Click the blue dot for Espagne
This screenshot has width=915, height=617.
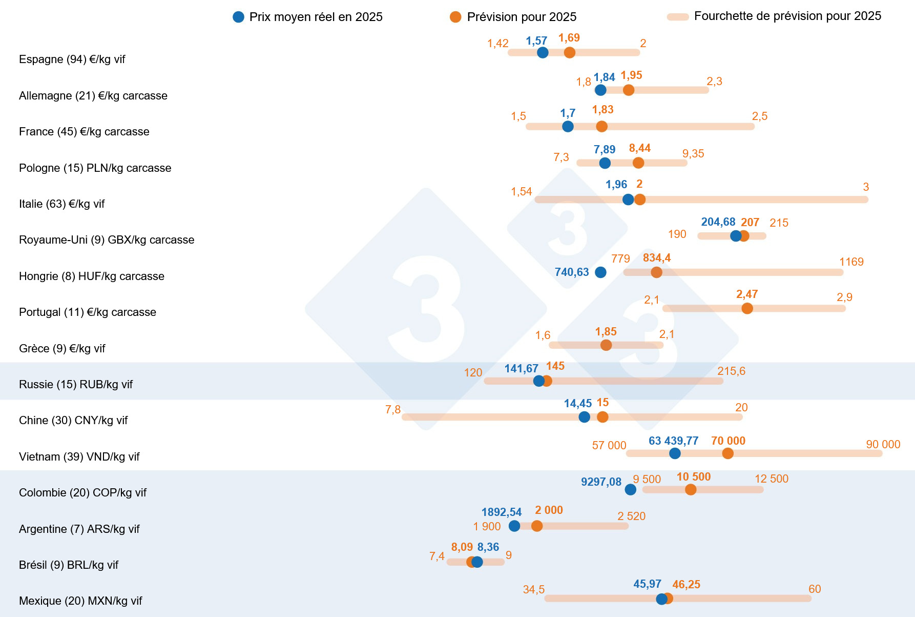pyautogui.click(x=543, y=52)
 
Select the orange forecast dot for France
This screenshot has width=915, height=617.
pyautogui.click(x=602, y=126)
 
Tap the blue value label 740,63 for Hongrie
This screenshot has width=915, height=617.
pyautogui.click(x=572, y=272)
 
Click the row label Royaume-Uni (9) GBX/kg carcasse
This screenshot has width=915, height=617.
pyautogui.click(x=107, y=240)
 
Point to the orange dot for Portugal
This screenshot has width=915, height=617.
pyautogui.click(x=747, y=308)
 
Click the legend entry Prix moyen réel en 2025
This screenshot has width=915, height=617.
pyautogui.click(x=308, y=17)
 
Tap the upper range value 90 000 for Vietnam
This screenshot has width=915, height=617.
pyautogui.click(x=883, y=445)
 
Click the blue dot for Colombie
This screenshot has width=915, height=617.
pyautogui.click(x=631, y=489)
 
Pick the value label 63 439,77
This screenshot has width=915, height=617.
pyautogui.click(x=673, y=441)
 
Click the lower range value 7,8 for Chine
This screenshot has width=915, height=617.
pyautogui.click(x=393, y=410)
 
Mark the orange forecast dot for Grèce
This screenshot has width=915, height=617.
pyautogui.click(x=606, y=345)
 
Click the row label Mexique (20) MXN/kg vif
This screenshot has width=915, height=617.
pyautogui.click(x=80, y=601)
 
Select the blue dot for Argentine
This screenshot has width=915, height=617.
pyautogui.click(x=514, y=526)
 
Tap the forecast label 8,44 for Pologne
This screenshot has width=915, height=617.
pyautogui.click(x=639, y=148)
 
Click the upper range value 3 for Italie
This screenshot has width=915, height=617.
pyautogui.click(x=866, y=187)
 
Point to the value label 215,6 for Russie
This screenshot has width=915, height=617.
pyautogui.click(x=731, y=371)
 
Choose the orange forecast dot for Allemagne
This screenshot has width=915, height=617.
pyautogui.click(x=629, y=90)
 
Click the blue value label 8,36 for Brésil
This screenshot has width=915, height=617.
pyautogui.click(x=488, y=547)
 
